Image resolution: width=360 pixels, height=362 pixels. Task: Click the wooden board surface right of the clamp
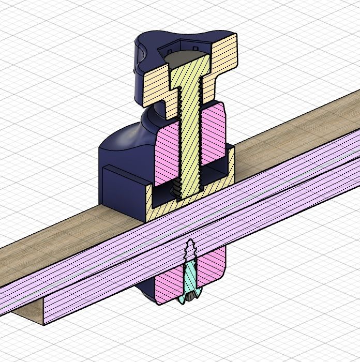tap(290, 134)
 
